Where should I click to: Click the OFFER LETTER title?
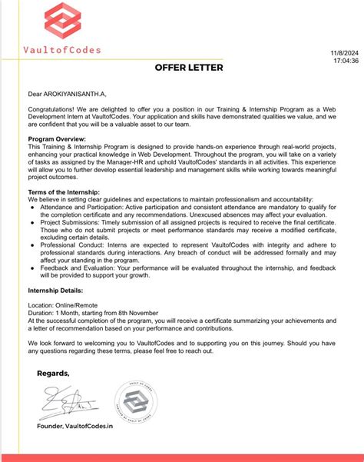click(189, 68)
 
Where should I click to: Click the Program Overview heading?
click(55, 138)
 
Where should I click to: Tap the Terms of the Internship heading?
click(64, 191)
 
